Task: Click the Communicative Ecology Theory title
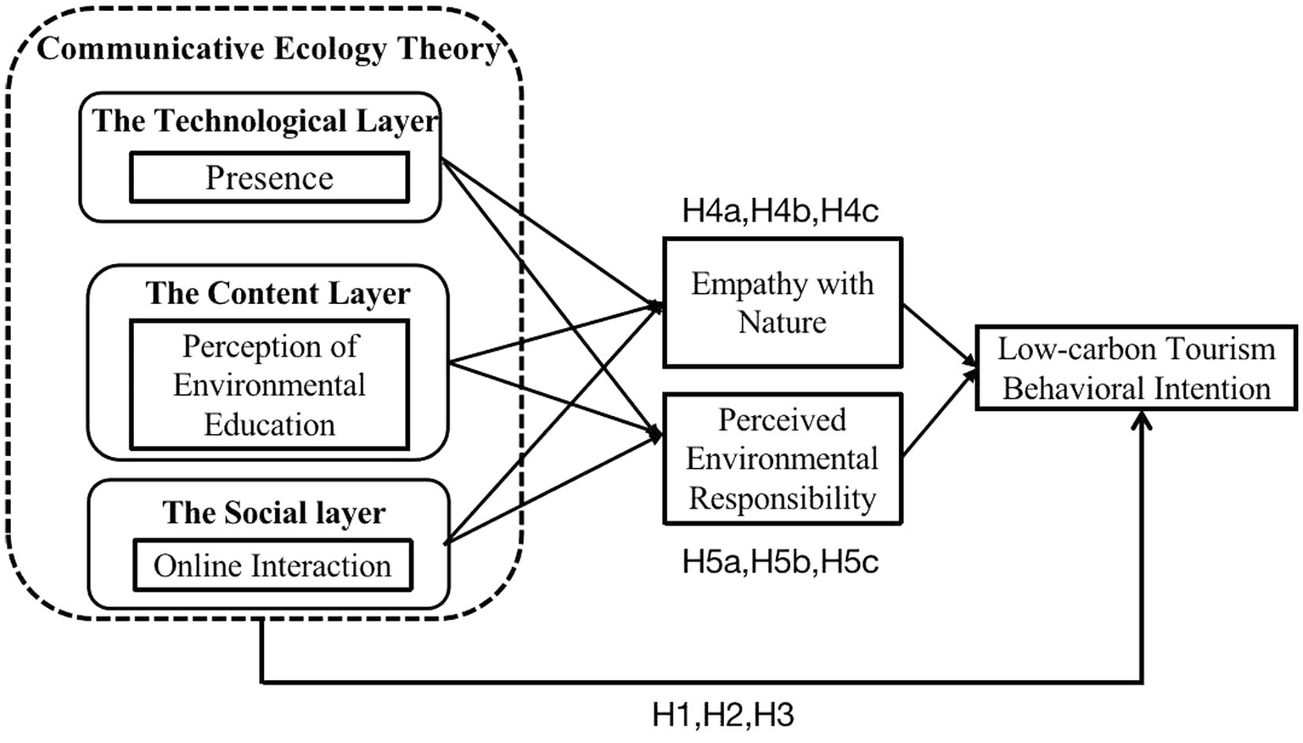click(x=268, y=48)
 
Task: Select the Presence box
click(x=269, y=177)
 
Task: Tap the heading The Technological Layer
click(x=265, y=121)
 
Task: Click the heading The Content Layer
click(x=278, y=293)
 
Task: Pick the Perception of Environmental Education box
click(x=269, y=385)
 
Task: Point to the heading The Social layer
click(x=273, y=512)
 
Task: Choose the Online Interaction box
click(x=272, y=566)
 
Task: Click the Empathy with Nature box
click(x=782, y=302)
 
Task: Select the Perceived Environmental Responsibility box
click(x=782, y=459)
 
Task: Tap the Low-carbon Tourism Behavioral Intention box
click(x=1136, y=368)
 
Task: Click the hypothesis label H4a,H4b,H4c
click(x=780, y=211)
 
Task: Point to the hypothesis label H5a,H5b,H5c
click(x=780, y=561)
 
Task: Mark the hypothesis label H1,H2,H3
click(x=722, y=715)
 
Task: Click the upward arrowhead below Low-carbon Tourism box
click(x=1143, y=420)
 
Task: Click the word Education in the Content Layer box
click(x=269, y=425)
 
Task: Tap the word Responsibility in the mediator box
click(x=782, y=498)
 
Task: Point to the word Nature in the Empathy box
click(x=782, y=323)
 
